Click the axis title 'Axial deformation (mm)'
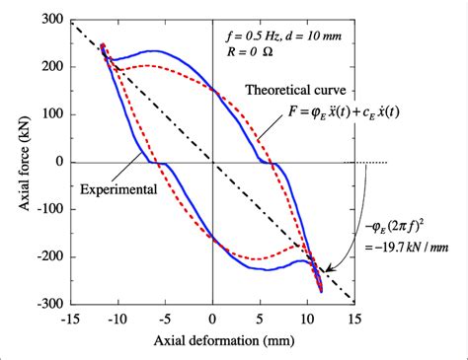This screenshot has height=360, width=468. point(210,342)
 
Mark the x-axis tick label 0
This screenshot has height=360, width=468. point(212,320)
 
